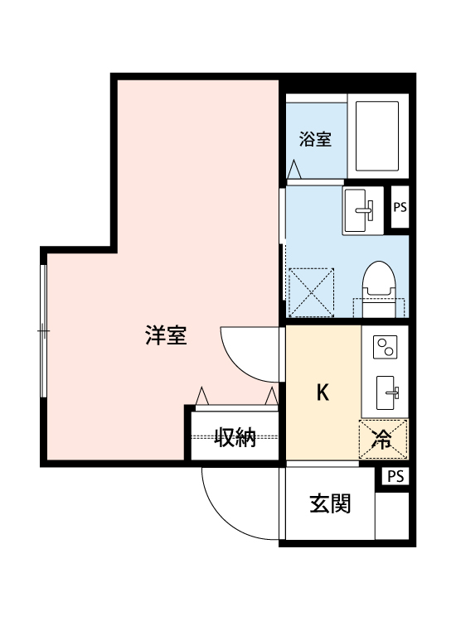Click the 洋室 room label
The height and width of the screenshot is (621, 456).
[167, 336]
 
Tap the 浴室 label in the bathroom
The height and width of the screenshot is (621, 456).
[315, 139]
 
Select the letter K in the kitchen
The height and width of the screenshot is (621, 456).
[323, 392]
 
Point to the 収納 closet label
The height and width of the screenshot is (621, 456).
[235, 437]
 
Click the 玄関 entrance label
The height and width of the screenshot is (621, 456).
[329, 503]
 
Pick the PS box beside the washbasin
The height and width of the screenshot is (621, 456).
[400, 208]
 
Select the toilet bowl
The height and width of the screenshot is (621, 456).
[379, 284]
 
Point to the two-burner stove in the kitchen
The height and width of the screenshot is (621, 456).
[385, 349]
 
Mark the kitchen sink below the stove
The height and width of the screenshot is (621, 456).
[386, 392]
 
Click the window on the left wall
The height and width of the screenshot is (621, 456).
[43, 331]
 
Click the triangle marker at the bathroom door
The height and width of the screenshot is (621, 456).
[294, 169]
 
